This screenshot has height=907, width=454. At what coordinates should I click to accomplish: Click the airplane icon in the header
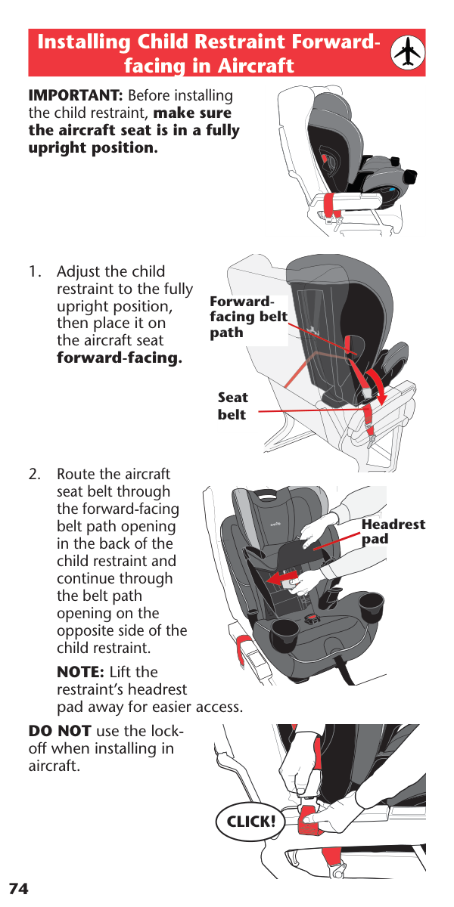click(407, 52)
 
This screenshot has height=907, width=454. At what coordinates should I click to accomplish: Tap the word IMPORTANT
click(76, 95)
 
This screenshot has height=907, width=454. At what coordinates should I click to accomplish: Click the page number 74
click(19, 889)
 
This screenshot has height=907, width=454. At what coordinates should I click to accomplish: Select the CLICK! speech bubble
click(250, 822)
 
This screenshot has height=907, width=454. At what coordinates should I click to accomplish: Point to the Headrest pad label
click(393, 531)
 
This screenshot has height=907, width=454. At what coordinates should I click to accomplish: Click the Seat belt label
click(233, 406)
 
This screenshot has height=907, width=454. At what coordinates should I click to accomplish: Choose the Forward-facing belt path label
click(248, 317)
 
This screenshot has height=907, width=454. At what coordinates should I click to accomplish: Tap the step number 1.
click(35, 271)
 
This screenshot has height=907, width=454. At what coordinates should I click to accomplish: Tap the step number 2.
click(35, 474)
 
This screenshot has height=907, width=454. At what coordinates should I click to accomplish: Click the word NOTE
click(81, 672)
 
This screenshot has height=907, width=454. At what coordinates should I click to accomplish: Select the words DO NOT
click(60, 731)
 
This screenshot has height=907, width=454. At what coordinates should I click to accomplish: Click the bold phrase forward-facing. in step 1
click(120, 358)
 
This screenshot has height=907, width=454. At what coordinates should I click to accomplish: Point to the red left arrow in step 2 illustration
click(283, 577)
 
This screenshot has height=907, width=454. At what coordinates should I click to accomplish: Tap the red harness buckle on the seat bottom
click(311, 619)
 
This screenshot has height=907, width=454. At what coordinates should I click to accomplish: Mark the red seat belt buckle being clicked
click(311, 820)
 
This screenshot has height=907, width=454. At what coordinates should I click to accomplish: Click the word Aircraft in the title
click(257, 66)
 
